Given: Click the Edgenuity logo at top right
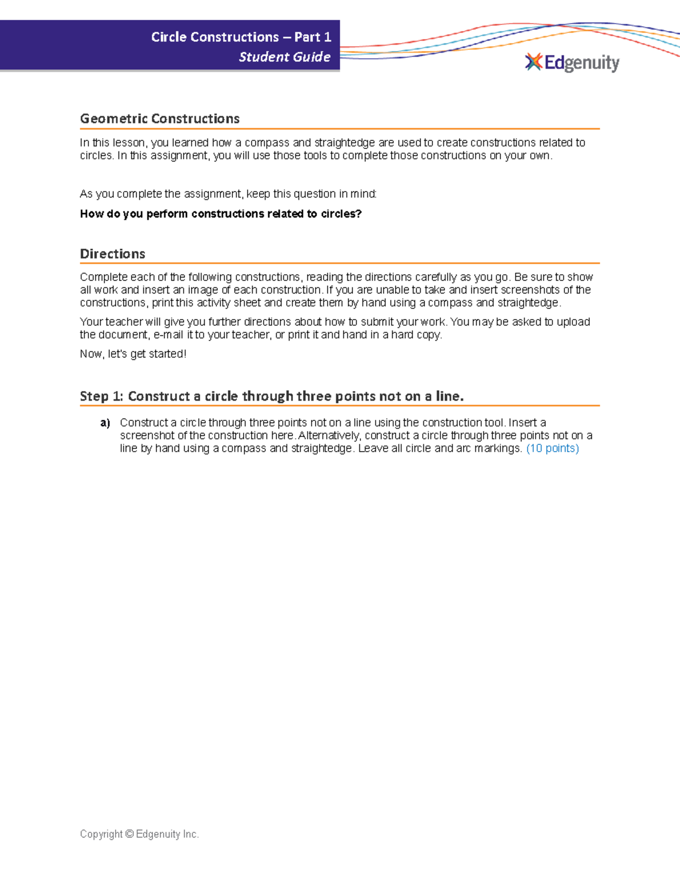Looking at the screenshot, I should point(572,62).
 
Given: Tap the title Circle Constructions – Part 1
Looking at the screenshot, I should point(241,37).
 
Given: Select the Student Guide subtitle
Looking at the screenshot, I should point(284,57).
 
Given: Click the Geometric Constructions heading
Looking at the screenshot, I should point(160,119).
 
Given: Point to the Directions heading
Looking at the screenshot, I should point(113,254).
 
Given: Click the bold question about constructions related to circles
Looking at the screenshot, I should point(220,214).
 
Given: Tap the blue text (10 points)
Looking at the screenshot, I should point(552,449).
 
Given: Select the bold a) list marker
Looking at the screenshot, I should point(105,423).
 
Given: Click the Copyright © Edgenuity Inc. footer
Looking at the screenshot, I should point(139,834).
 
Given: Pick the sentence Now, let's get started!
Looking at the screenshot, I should point(133,354).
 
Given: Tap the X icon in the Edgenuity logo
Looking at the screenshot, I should point(533,62).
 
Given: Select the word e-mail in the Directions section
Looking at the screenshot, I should point(168,335).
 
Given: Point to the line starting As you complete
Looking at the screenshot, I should point(228,194).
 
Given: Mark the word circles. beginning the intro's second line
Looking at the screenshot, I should point(96,156).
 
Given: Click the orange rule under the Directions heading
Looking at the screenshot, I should point(339,263).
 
